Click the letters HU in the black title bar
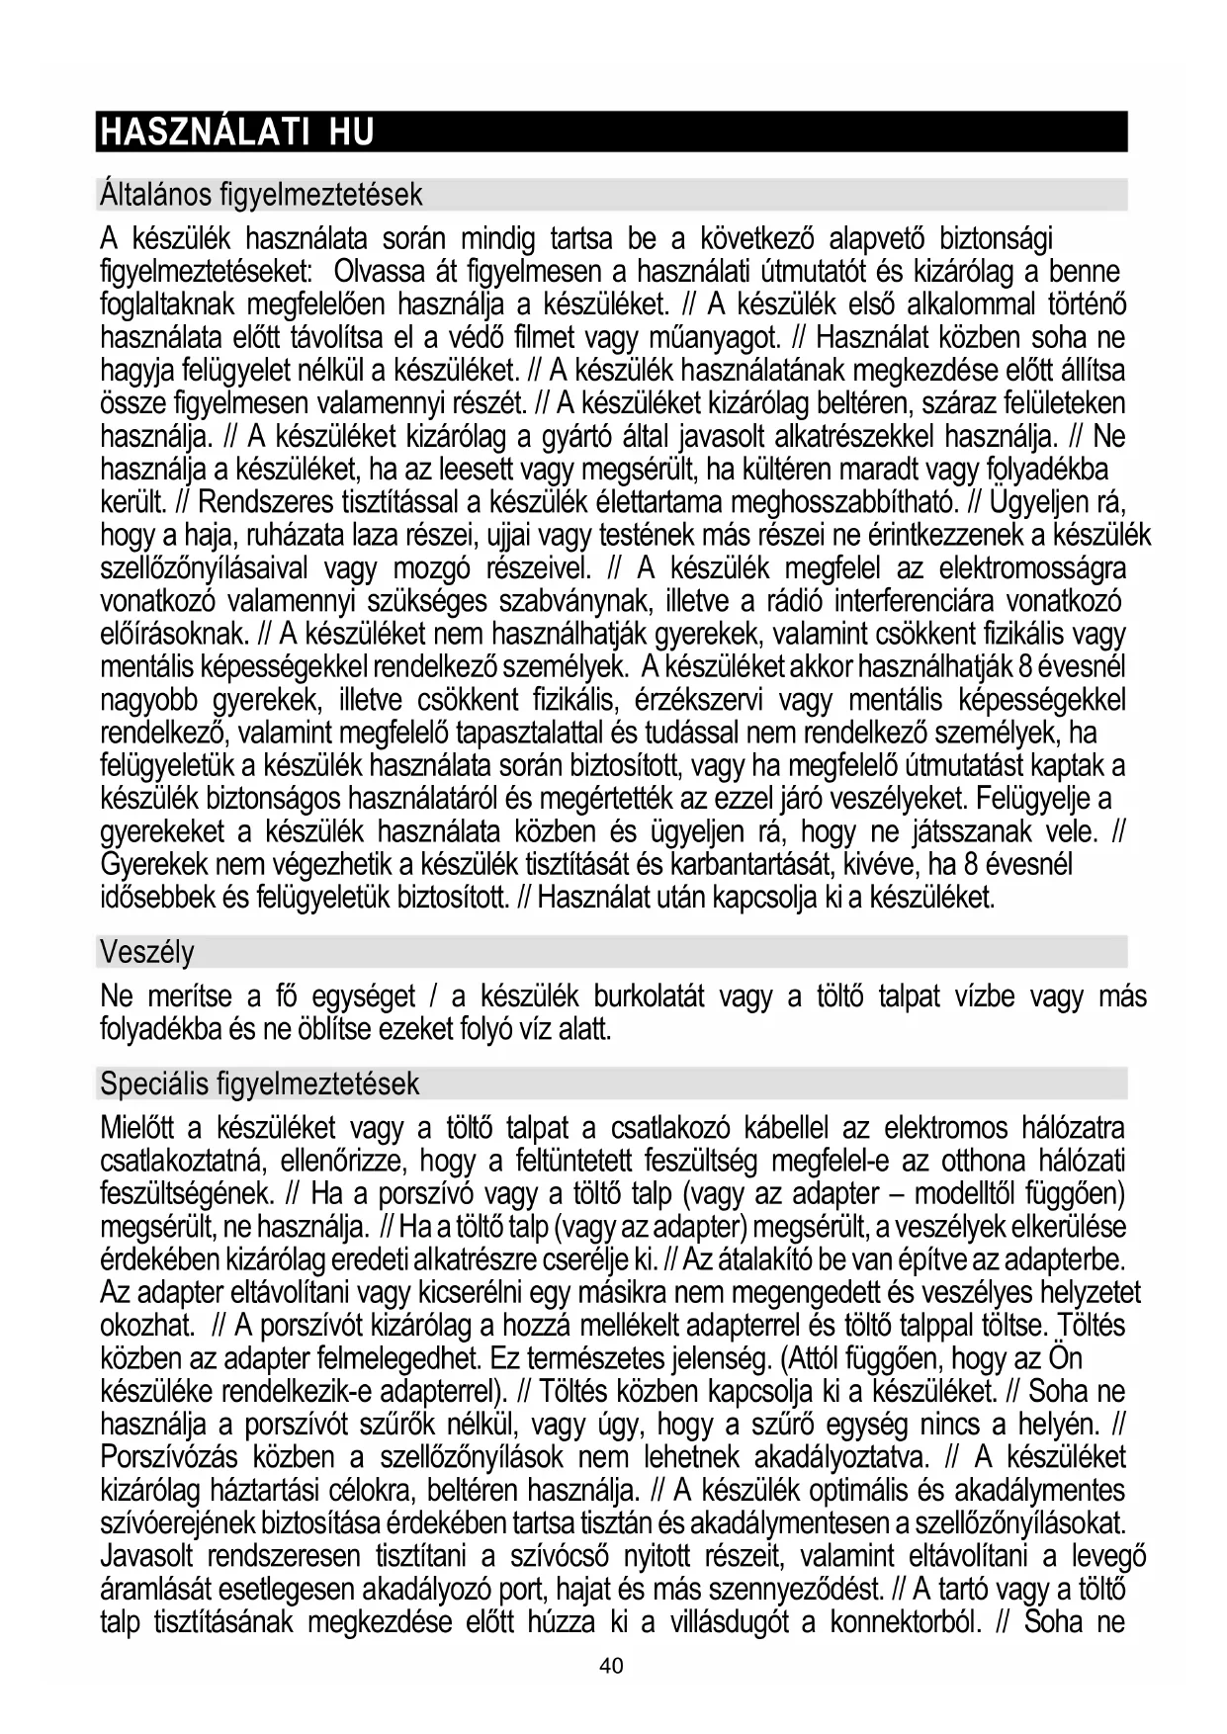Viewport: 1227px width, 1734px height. click(351, 132)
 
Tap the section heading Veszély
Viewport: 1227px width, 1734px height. click(147, 953)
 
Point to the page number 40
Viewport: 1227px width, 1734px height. click(612, 1666)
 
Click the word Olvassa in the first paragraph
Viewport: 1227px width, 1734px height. click(381, 272)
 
